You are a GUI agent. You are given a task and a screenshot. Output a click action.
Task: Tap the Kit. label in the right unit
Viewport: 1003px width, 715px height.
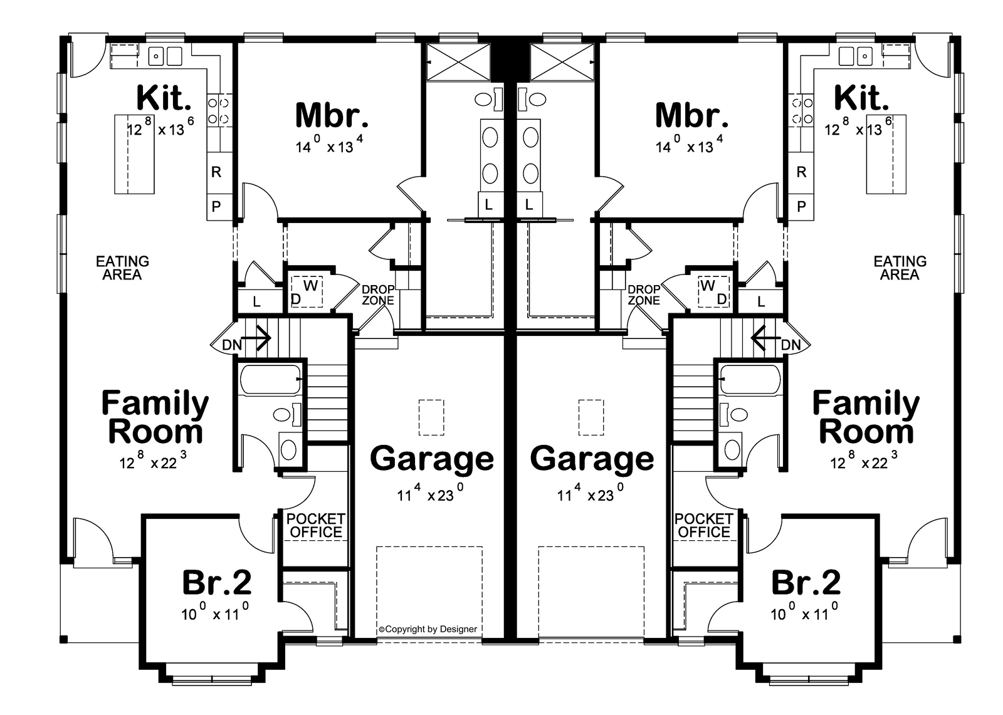point(862,98)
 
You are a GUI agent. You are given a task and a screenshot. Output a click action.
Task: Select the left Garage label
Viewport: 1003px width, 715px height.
point(432,458)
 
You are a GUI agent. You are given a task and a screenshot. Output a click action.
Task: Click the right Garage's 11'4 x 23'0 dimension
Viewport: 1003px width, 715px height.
point(592,495)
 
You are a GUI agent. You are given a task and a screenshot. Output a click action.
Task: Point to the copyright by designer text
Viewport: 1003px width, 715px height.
point(428,629)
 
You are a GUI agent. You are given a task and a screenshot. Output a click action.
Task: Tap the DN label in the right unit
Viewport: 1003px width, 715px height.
point(791,345)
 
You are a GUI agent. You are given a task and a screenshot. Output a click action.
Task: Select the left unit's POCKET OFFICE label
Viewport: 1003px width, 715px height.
point(315,526)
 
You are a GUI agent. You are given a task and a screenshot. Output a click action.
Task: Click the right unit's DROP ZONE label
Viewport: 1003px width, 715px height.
point(644,295)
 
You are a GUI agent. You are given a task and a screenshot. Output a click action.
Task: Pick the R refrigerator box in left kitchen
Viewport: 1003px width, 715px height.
point(216,172)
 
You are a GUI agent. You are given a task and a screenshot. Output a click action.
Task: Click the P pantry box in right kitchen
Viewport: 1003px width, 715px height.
point(801,207)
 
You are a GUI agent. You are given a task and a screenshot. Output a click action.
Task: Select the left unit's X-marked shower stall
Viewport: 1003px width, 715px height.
point(456,61)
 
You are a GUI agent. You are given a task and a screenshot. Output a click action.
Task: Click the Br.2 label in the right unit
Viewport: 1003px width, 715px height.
point(806,582)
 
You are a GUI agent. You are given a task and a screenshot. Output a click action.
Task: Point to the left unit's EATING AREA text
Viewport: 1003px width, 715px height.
point(122,268)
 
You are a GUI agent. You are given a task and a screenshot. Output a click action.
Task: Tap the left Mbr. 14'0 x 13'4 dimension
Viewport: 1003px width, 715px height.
point(330,147)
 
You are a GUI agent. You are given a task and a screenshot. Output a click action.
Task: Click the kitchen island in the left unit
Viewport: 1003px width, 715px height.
point(134,154)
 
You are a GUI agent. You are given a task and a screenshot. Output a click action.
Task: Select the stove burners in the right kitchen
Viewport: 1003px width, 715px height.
point(801,110)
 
